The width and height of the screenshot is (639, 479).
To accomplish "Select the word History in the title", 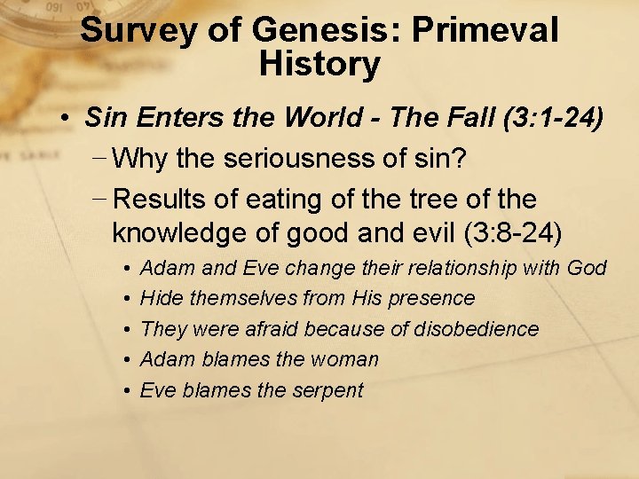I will click(319, 64).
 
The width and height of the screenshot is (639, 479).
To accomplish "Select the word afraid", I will click(270, 329).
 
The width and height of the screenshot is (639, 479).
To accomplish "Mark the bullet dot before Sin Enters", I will click(67, 119).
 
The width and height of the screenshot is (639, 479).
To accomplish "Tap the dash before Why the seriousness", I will click(100, 160).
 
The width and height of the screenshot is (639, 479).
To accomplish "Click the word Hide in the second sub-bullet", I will click(160, 298).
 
